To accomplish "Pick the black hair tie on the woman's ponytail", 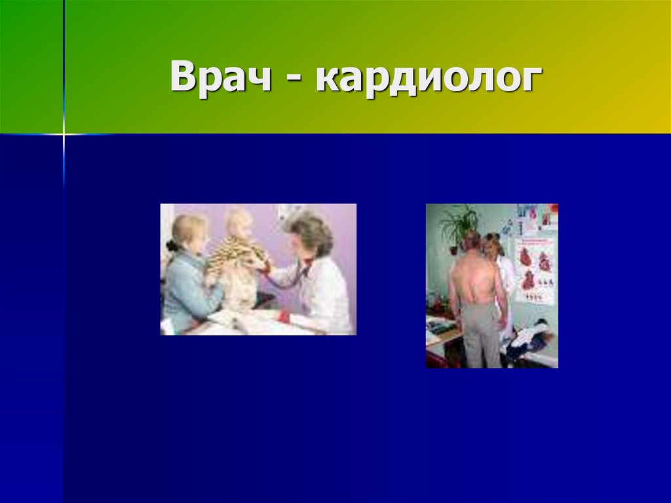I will point(172,245).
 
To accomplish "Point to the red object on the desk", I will point(283,317).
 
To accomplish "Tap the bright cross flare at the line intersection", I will point(64,134).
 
